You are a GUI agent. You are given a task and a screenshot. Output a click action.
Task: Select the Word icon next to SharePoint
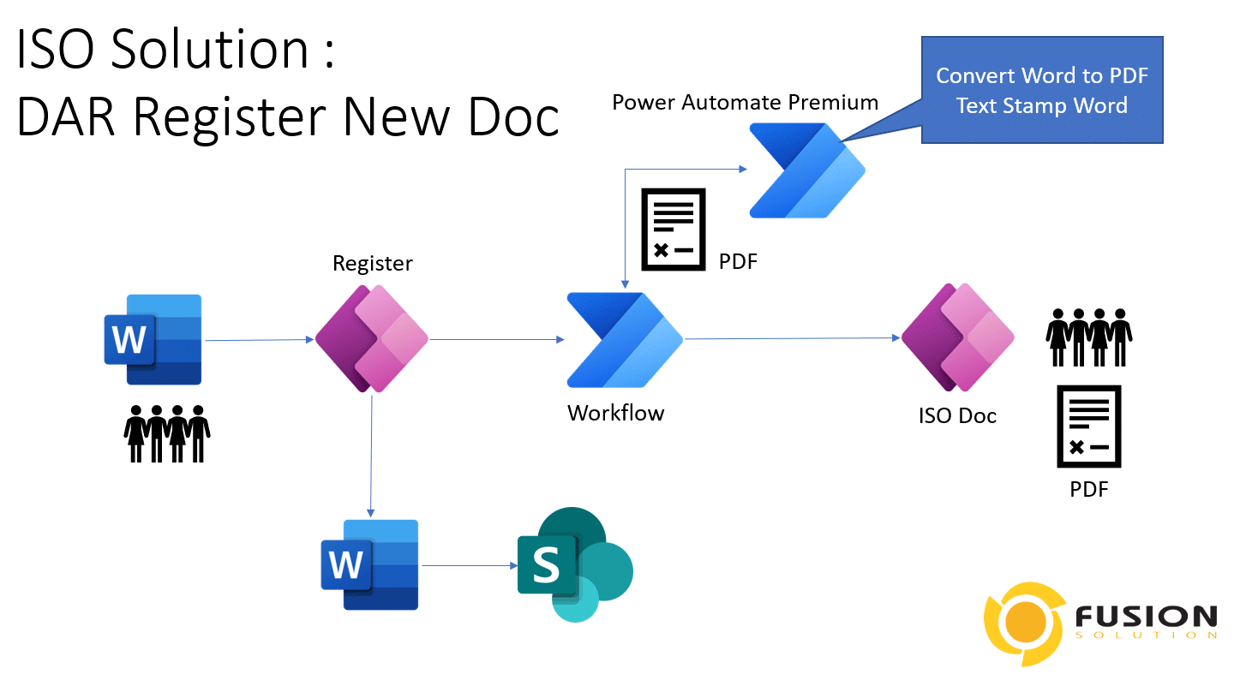pyautogui.click(x=369, y=564)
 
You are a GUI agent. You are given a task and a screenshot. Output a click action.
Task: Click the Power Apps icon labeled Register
pyautogui.click(x=372, y=338)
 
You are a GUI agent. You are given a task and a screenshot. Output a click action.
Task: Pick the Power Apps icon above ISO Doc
pyautogui.click(x=957, y=337)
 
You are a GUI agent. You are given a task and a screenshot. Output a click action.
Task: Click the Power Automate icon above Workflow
pyautogui.click(x=624, y=339)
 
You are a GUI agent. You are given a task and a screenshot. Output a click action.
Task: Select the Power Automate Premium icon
pyautogui.click(x=806, y=170)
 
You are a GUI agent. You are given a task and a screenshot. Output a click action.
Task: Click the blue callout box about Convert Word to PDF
pyautogui.click(x=1041, y=90)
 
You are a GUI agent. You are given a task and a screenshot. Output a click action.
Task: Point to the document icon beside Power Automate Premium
pyautogui.click(x=674, y=229)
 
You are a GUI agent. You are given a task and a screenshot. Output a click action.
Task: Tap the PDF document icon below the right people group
pyautogui.click(x=1088, y=426)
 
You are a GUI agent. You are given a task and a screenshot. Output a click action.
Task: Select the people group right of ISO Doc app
pyautogui.click(x=1088, y=337)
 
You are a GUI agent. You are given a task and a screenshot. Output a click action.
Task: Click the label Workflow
pyautogui.click(x=615, y=413)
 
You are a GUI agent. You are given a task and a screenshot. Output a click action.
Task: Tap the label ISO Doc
pyautogui.click(x=957, y=416)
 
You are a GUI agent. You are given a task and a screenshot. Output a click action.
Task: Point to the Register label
pyautogui.click(x=372, y=263)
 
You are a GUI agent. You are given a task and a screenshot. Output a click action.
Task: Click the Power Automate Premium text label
pyautogui.click(x=745, y=103)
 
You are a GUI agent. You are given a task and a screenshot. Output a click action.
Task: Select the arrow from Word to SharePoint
pyautogui.click(x=467, y=565)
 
